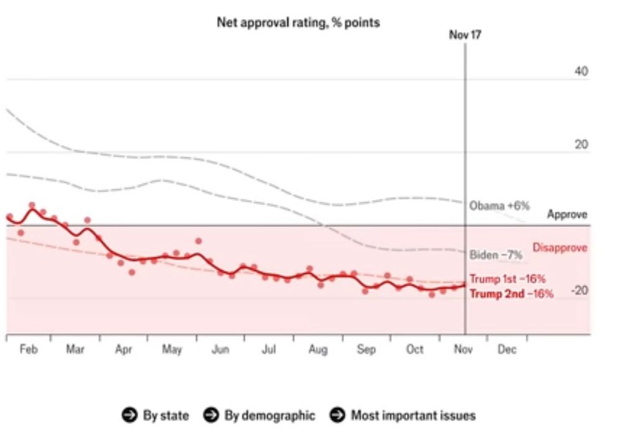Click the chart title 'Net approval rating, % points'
298,22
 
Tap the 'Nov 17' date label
465,35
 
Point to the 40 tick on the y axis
581,71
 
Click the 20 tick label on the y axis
581,145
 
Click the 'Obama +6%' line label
499,205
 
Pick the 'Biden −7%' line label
496,254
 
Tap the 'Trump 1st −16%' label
507,279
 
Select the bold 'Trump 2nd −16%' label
511,294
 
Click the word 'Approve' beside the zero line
567,215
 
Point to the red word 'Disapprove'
560,248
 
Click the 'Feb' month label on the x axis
29,350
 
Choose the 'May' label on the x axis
172,350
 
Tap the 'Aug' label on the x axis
318,350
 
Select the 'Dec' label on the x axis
507,350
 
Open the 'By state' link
166,415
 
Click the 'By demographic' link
270,415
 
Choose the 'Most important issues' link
413,415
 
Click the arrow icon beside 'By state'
129,415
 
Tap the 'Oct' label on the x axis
415,350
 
